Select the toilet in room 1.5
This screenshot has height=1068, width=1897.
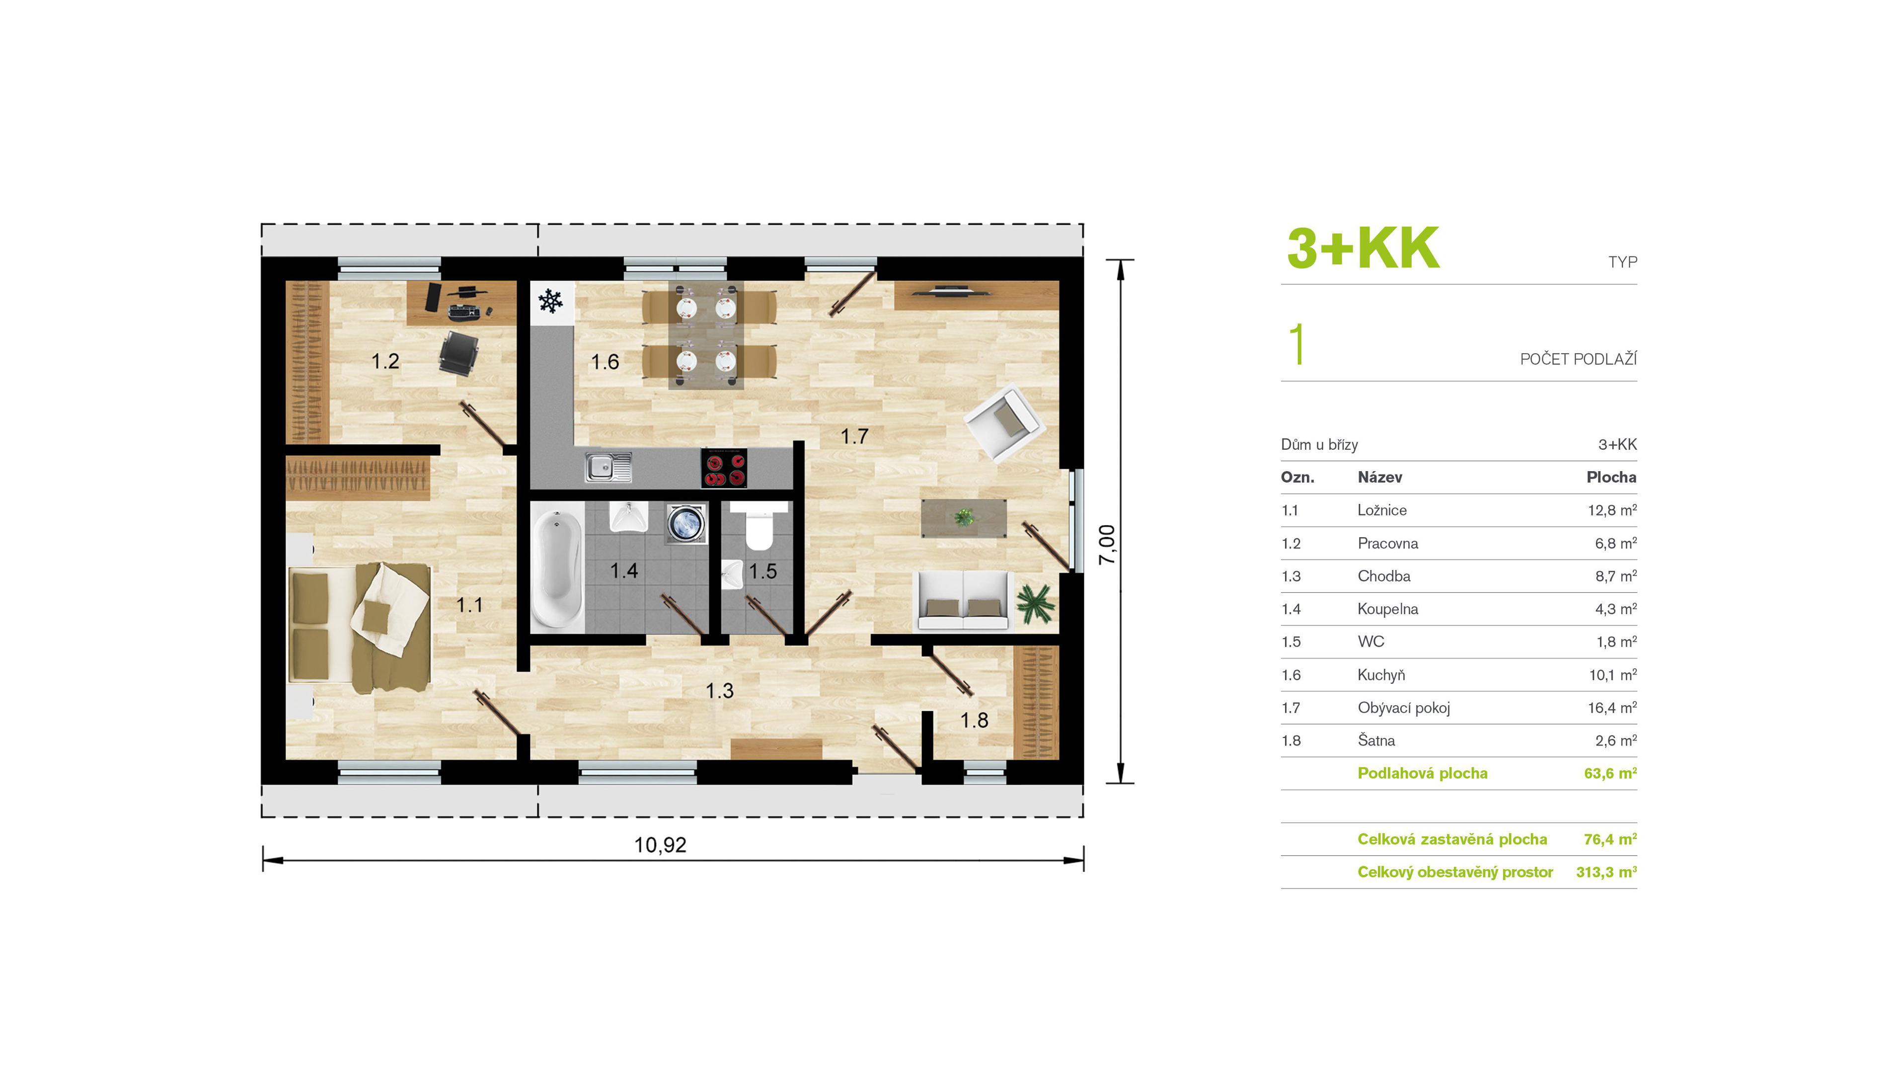(759, 527)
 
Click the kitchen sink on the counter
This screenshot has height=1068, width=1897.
(608, 468)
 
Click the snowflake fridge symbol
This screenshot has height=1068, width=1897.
(550, 301)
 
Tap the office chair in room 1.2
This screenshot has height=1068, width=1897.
(458, 352)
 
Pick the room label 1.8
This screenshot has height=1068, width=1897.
(974, 720)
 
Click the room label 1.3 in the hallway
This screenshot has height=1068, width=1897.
(719, 691)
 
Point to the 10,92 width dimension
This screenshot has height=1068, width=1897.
(661, 845)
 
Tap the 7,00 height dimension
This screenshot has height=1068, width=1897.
(1107, 545)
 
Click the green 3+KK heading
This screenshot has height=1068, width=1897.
(1363, 248)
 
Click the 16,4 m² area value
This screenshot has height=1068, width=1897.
(1612, 708)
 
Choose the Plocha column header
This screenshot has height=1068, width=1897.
(1611, 477)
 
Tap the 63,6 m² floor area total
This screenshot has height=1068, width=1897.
(1610, 773)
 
